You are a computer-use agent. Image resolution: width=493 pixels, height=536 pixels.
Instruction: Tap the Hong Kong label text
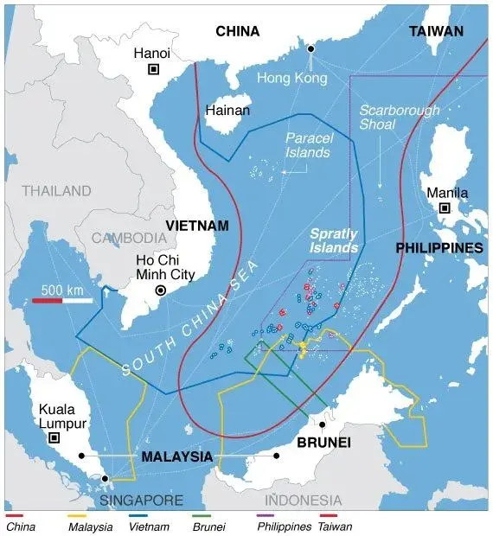click(x=292, y=78)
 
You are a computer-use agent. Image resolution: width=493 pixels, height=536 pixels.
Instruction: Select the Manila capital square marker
click(x=445, y=208)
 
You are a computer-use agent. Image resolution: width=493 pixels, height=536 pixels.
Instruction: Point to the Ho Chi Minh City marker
click(x=160, y=291)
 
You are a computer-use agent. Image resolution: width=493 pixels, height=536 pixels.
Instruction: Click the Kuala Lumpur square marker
click(x=54, y=438)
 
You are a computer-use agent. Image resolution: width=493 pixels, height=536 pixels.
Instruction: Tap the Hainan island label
click(x=227, y=111)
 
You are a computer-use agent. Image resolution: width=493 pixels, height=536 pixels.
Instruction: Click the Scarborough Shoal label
click(x=400, y=118)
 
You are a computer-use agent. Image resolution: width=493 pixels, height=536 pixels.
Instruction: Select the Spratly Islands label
click(x=334, y=240)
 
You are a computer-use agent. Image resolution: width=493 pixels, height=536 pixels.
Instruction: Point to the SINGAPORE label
click(x=140, y=501)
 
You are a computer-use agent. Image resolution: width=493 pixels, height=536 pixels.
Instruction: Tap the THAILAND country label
click(x=56, y=190)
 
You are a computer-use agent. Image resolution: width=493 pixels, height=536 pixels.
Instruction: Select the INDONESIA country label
click(x=303, y=501)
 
